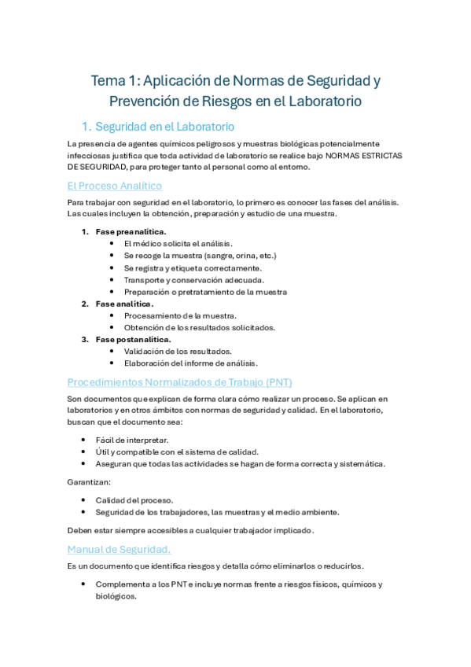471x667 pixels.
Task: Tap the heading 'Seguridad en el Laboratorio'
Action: (164, 127)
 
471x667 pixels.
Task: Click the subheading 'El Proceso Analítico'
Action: (115, 186)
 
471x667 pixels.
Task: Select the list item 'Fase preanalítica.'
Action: (131, 232)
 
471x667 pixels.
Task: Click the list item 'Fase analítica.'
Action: (124, 304)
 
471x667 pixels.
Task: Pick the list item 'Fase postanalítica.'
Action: (133, 339)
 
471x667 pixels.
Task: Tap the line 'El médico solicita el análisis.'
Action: (178, 244)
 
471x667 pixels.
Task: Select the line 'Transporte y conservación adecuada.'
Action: (193, 279)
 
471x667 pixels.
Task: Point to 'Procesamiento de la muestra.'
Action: (180, 315)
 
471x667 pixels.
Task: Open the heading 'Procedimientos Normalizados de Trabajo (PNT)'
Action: (179, 382)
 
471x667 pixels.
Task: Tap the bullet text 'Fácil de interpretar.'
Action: (131, 440)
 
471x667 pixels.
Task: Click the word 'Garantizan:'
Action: (89, 481)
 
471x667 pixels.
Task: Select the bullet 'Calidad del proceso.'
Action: (134, 500)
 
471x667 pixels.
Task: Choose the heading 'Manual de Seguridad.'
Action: (119, 549)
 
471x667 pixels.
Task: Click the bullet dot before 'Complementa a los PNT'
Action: (83, 584)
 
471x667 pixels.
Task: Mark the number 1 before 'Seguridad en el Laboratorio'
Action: (86, 127)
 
